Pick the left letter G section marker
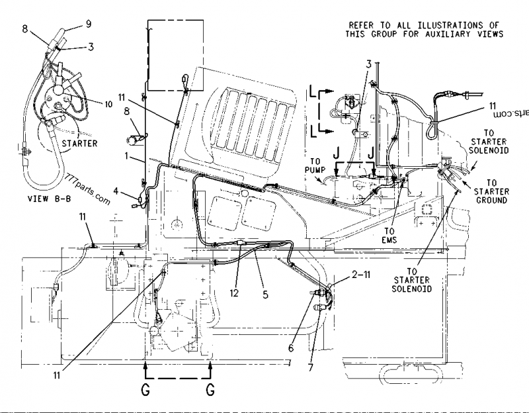click(144, 390)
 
